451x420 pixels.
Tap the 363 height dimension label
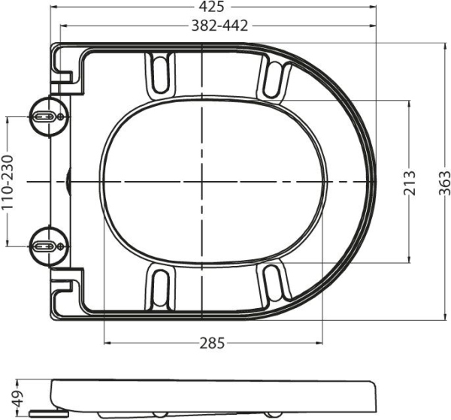click(445, 181)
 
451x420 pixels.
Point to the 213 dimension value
click(409, 181)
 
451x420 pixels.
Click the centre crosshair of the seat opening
click(204, 182)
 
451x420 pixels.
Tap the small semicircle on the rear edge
click(69, 181)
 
